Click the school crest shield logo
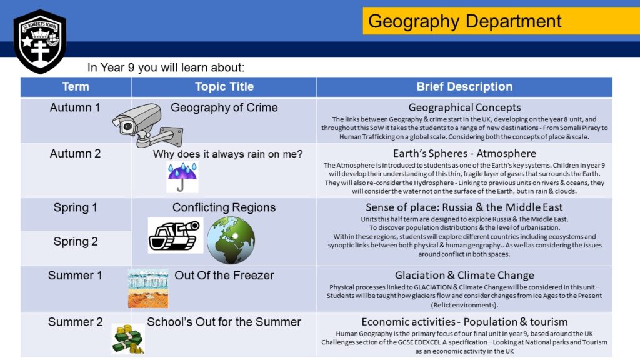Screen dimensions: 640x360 [39, 42]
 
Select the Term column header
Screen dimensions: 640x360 [76, 86]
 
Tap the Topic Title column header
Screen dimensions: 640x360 [224, 86]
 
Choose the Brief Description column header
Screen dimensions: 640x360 [464, 86]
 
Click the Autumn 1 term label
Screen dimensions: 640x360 [75, 107]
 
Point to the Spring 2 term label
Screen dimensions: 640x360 [76, 242]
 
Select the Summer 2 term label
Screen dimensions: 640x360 [76, 322]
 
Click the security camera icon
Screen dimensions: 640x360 [147, 125]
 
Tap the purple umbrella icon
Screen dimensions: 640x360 [182, 177]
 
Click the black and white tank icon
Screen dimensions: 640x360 [176, 235]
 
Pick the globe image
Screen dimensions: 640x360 [231, 240]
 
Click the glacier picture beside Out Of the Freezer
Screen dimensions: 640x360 [148, 289]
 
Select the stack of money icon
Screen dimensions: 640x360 [128, 339]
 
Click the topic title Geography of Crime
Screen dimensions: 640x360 [224, 107]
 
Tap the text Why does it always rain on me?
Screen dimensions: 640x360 [227, 154]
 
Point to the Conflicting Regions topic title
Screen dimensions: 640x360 [224, 207]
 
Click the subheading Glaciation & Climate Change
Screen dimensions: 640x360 [464, 276]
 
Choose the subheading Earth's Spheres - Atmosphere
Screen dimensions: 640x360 [464, 154]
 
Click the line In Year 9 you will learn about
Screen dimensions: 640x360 [166, 67]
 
